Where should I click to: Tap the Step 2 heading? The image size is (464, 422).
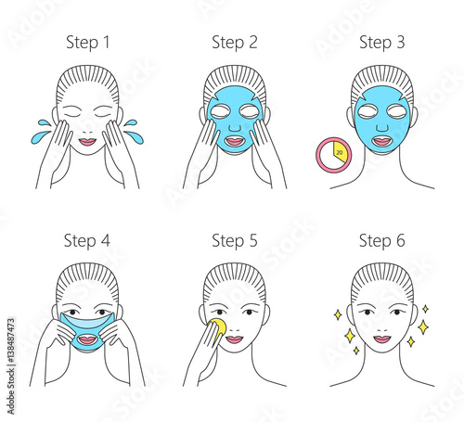[235, 42]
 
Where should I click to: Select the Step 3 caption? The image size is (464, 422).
[380, 42]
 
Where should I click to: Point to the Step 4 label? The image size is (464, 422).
[86, 241]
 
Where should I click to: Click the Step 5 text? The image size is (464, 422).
[235, 241]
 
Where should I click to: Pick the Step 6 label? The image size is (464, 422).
[380, 241]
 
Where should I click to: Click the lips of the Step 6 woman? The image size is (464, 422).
[381, 339]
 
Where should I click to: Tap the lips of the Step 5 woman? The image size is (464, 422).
[236, 339]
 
